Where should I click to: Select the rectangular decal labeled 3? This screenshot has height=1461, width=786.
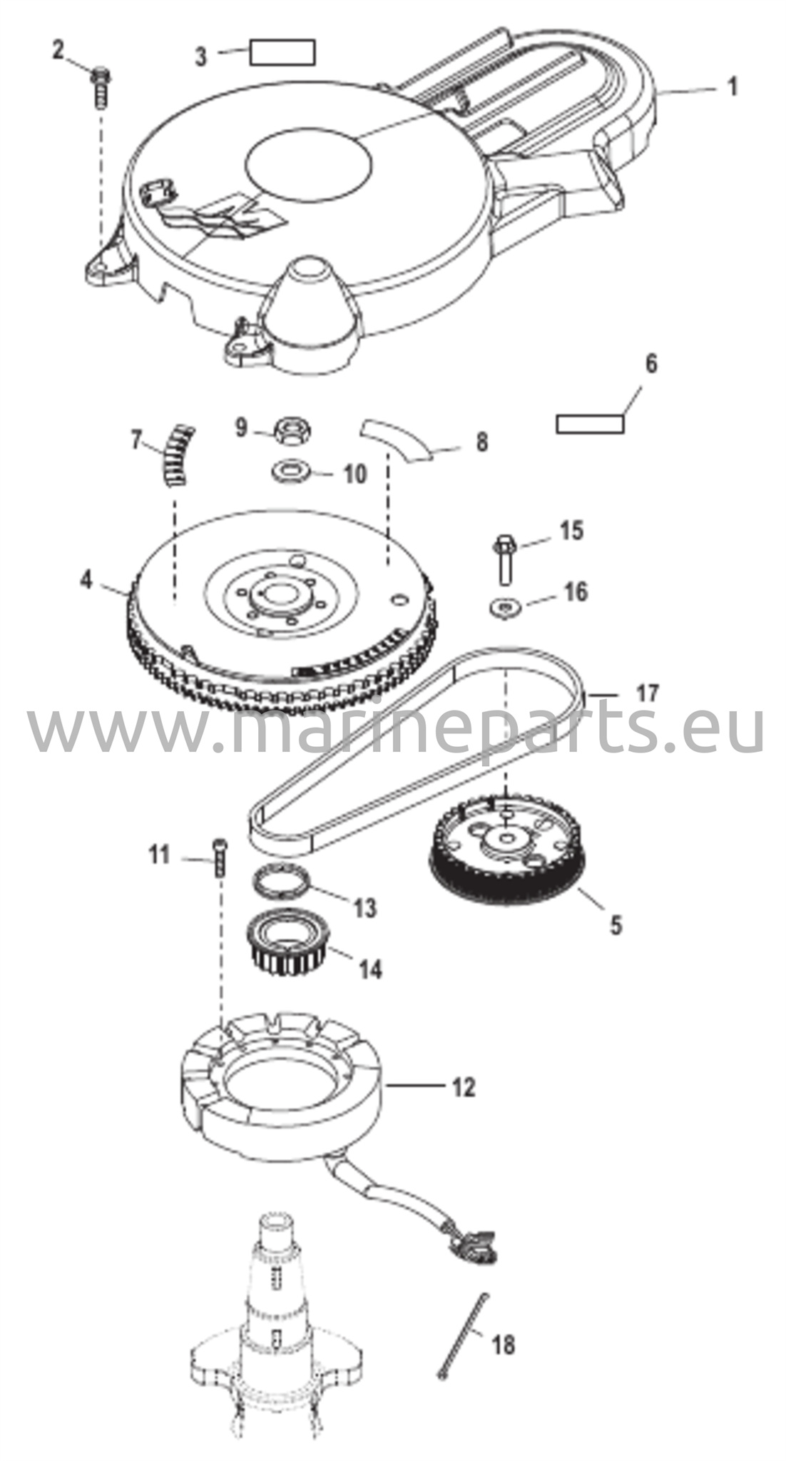282,53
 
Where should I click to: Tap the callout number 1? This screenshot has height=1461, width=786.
730,87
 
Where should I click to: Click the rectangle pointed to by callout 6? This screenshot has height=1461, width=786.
590,424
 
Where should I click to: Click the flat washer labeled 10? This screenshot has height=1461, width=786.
290,472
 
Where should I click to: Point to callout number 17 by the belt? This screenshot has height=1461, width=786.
647,693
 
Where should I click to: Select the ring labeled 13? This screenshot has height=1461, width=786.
285,882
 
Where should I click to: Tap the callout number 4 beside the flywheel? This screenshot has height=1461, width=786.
86,580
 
